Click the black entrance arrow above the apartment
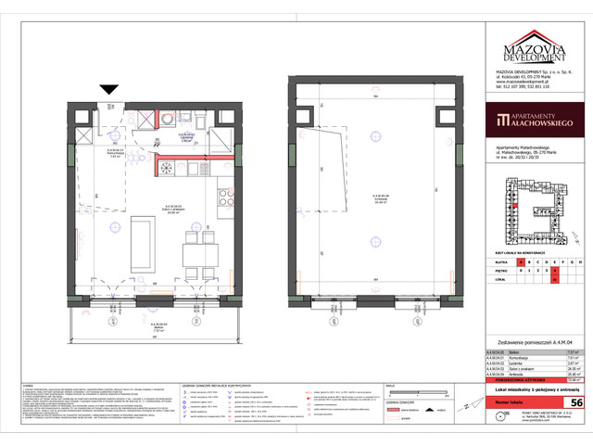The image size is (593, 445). coord(109,88)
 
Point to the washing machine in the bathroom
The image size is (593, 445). coord(167,119)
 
